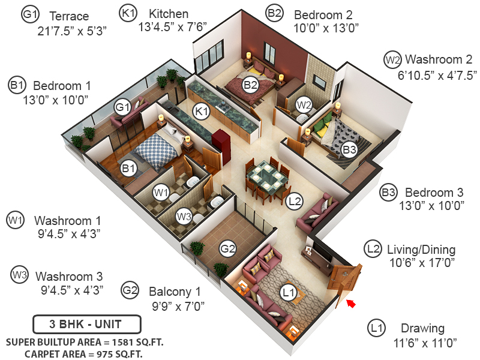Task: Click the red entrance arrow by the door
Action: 351,304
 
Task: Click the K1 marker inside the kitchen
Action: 201,111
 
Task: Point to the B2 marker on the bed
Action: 250,85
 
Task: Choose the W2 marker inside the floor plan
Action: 304,104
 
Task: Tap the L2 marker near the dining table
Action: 294,201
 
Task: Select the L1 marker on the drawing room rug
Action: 289,292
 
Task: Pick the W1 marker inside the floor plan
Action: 160,193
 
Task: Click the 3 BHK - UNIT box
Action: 86,325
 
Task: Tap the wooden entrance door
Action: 345,279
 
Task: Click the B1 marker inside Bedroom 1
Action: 128,169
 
